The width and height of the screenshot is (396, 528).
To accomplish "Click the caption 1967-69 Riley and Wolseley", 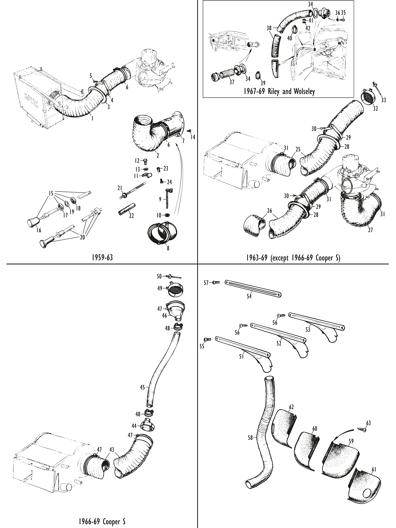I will tap(279, 92).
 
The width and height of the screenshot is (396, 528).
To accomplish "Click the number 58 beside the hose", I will tap(250, 437).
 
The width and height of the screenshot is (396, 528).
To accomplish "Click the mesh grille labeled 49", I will tap(176, 291).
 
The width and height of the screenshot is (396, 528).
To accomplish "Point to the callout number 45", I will tap(142, 387).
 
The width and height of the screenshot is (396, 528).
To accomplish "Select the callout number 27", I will tap(370, 230).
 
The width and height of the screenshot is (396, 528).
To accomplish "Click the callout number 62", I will tap(291, 407).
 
